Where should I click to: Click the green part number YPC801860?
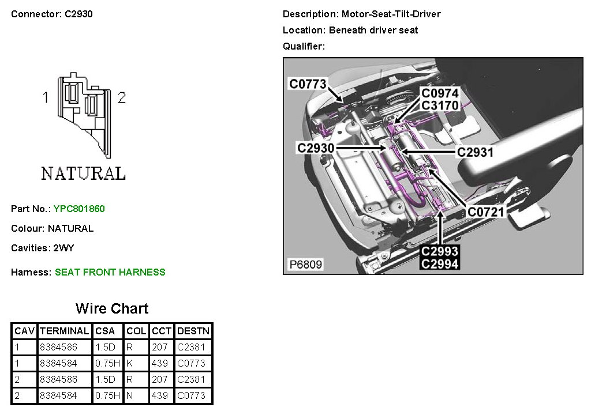point(79,209)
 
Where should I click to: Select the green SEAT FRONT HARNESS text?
point(110,272)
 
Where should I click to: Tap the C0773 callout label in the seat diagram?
point(308,84)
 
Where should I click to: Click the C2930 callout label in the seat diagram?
point(316,148)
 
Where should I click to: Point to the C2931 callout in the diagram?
point(475,152)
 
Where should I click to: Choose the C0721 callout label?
point(486,212)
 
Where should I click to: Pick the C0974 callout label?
point(440,93)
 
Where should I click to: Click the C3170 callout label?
point(440,105)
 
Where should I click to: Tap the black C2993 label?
point(440,252)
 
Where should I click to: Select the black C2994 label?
point(440,264)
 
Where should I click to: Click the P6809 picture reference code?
point(305,265)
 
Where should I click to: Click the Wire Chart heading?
point(112,308)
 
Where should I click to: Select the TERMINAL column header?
point(64,331)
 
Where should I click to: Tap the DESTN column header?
point(193,331)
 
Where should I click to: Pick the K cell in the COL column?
point(129,363)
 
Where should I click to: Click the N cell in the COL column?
point(129,395)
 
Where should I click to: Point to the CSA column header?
point(105,331)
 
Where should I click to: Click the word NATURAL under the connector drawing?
point(83,173)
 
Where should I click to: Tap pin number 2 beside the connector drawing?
point(121,98)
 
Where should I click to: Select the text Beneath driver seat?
point(373,30)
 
